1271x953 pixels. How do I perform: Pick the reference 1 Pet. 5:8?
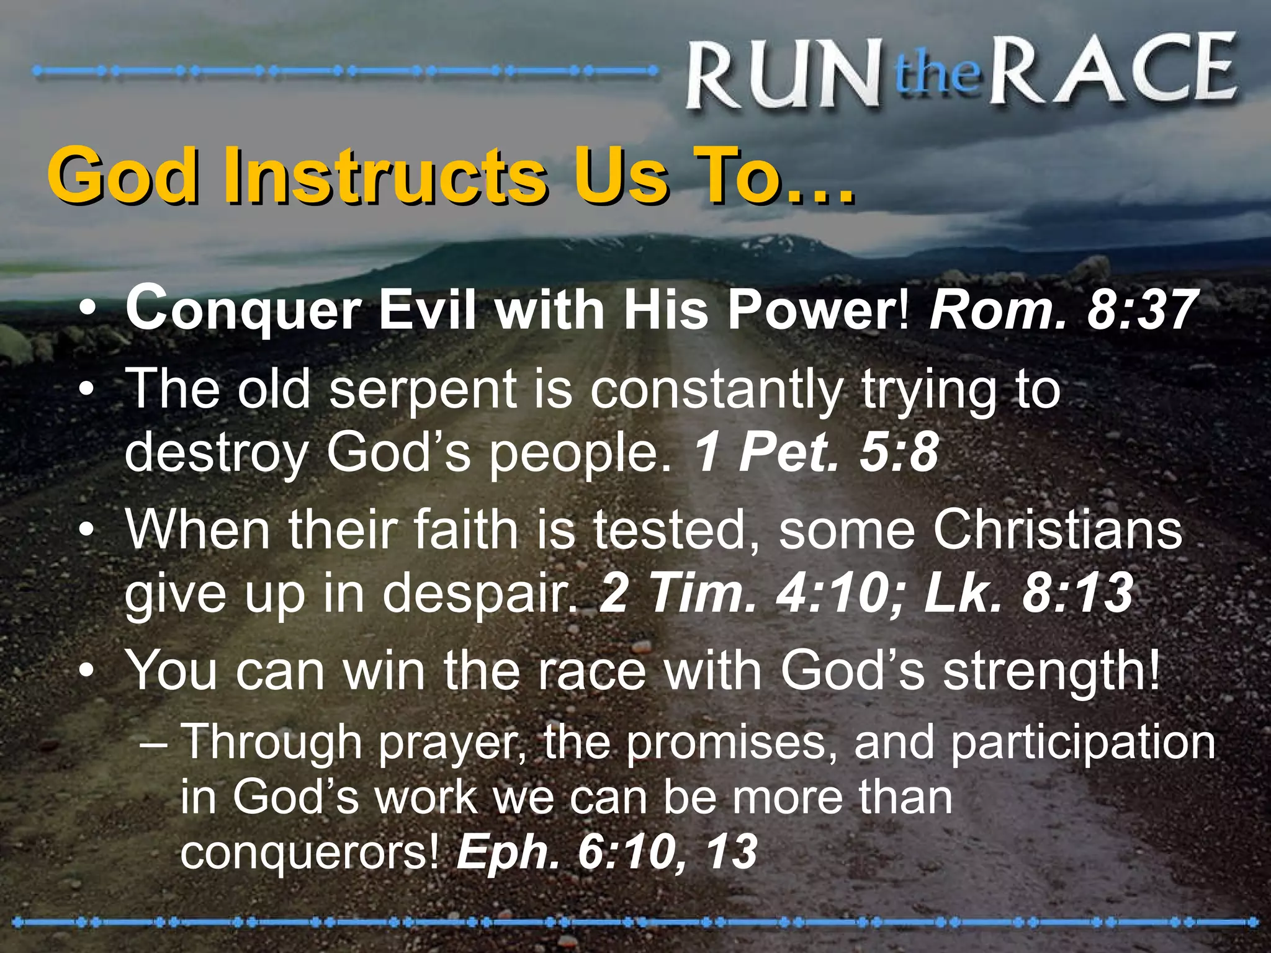click(816, 453)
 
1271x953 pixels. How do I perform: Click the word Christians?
click(1058, 530)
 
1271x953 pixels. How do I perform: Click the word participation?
click(1082, 743)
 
